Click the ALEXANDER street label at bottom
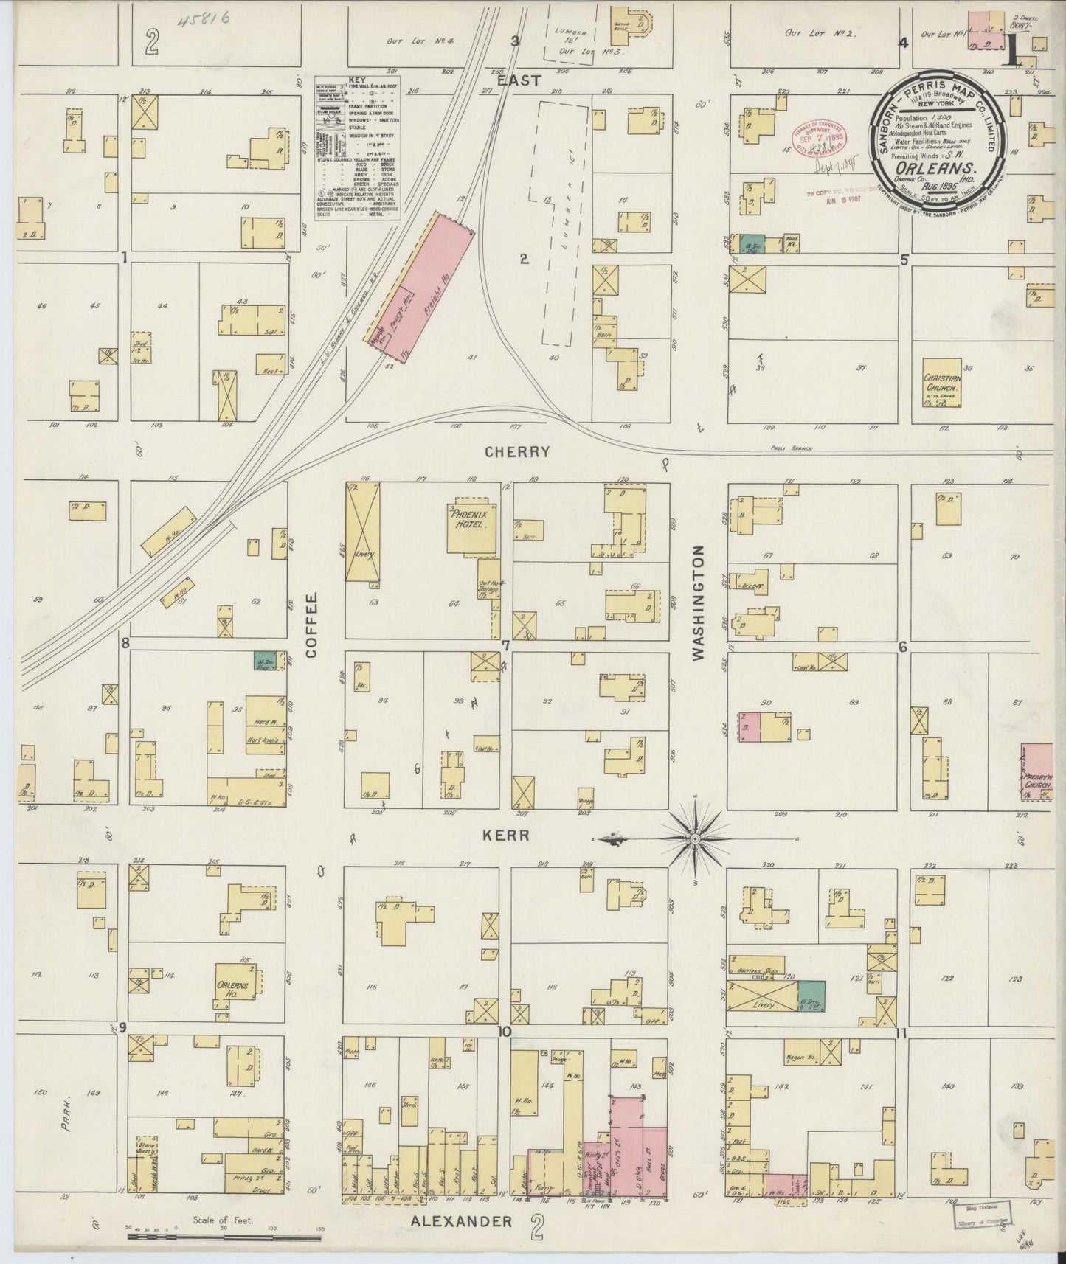pos(460,1220)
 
